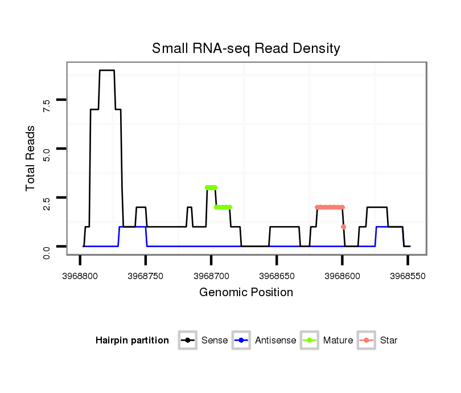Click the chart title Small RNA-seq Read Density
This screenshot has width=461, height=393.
click(246, 48)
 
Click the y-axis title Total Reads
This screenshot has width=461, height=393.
click(31, 158)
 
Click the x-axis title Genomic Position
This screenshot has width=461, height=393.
click(246, 293)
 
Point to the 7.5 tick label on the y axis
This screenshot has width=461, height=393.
click(47, 105)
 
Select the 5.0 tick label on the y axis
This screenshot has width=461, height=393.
click(47, 154)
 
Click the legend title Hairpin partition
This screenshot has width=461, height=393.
click(132, 341)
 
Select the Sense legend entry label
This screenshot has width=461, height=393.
click(215, 341)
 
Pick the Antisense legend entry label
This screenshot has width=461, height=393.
click(275, 341)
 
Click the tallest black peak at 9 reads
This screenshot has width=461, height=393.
click(107, 71)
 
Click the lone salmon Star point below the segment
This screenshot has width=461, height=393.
click(343, 227)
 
